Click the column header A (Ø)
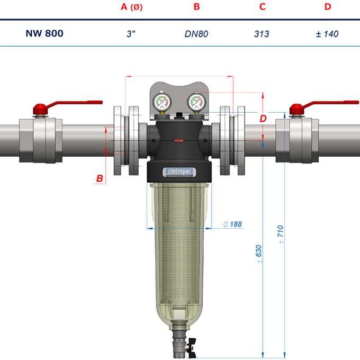(131, 7)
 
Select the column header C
(262, 7)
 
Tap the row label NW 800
(44, 33)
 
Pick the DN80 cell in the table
(196, 34)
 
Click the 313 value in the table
(262, 34)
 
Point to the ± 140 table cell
(327, 34)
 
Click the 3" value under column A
(131, 34)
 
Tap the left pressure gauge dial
(163, 102)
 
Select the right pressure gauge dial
(196, 102)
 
